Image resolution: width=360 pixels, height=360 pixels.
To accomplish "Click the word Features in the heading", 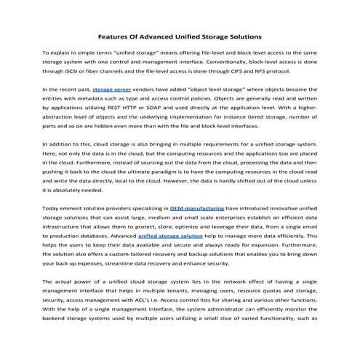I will pos(115,35).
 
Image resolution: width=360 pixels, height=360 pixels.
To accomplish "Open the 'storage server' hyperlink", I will pos(111,107).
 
